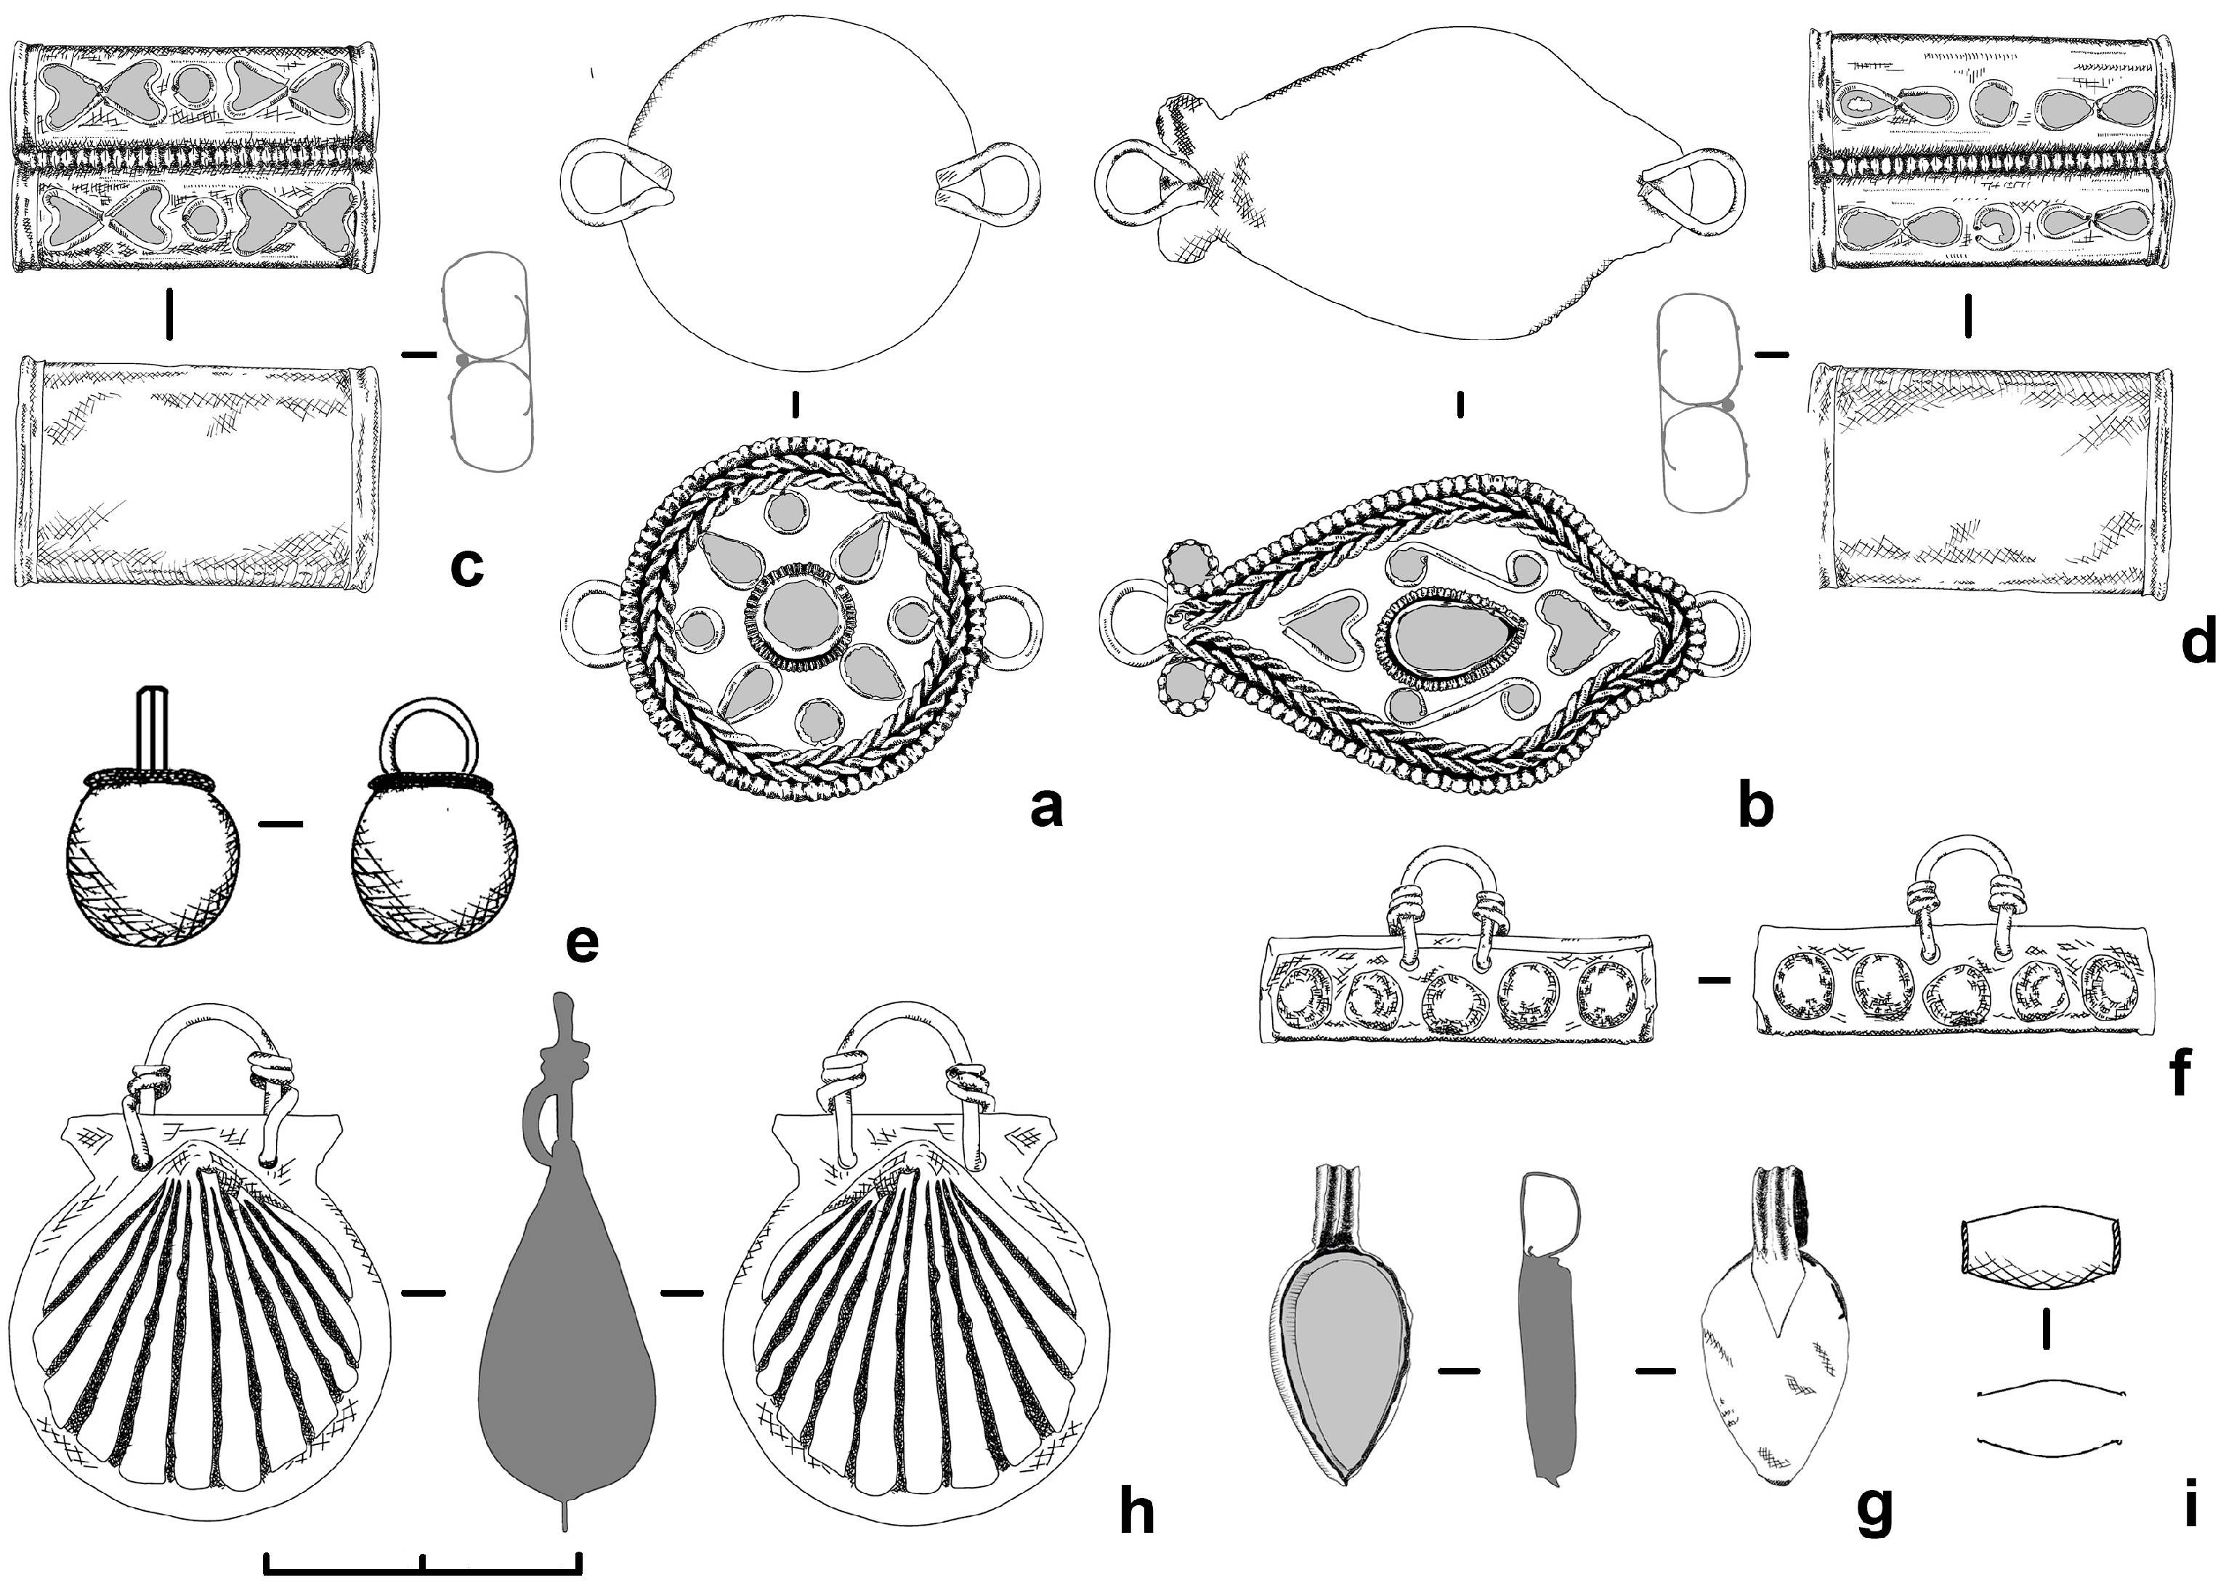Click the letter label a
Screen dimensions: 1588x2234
click(1045, 809)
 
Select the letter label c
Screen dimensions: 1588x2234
click(467, 567)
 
